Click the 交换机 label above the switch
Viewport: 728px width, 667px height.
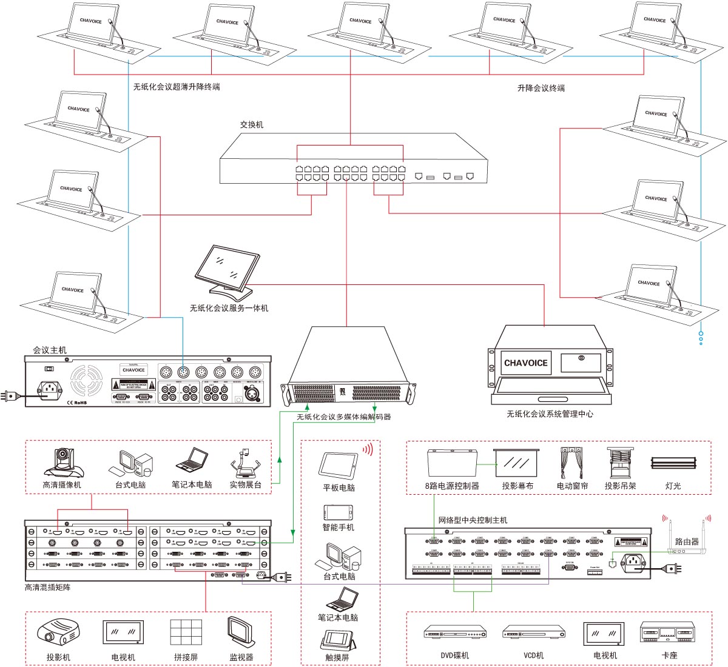tap(251, 125)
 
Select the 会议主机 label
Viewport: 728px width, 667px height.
tap(50, 350)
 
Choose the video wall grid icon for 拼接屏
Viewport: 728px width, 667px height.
tap(186, 632)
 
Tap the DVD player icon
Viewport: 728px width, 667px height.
tap(454, 633)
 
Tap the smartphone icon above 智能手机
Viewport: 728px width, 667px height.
tap(338, 511)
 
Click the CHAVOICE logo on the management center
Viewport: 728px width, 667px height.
tap(525, 363)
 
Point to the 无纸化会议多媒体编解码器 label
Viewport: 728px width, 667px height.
tap(343, 417)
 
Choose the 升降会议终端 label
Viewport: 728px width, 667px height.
tap(541, 88)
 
